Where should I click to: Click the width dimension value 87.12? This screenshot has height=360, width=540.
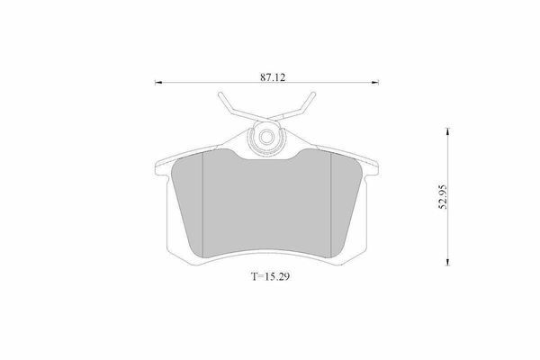click(273, 77)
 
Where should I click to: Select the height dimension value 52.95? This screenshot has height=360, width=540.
click(442, 197)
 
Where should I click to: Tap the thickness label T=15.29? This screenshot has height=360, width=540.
click(270, 276)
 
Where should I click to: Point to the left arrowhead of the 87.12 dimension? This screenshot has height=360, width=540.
click(157, 82)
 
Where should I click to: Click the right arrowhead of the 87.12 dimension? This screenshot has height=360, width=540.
click(375, 82)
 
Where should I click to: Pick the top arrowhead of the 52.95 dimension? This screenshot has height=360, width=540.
click(447, 130)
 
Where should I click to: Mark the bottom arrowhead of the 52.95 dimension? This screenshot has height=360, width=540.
click(447, 263)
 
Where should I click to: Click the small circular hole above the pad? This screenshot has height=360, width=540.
click(265, 137)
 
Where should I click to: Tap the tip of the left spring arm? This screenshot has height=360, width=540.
click(220, 94)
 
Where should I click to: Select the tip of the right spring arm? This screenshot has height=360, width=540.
click(312, 94)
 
